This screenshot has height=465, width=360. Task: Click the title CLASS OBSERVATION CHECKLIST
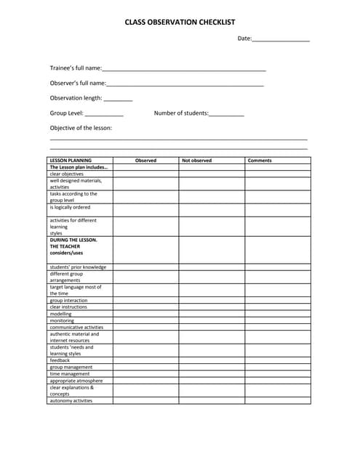(x=180, y=23)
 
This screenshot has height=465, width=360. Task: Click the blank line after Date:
(x=281, y=39)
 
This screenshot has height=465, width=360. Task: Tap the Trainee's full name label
(x=76, y=68)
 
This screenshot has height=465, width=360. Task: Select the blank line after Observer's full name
(x=185, y=84)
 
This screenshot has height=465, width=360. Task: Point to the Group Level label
(x=66, y=113)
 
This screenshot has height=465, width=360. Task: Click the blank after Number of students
(x=226, y=114)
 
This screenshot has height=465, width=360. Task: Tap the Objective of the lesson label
(x=81, y=128)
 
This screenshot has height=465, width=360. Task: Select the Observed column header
(x=145, y=160)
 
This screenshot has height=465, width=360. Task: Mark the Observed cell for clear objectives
(x=145, y=174)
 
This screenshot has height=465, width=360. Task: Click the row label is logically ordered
(x=70, y=207)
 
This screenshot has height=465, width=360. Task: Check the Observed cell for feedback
(x=145, y=360)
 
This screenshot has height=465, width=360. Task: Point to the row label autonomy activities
(x=71, y=400)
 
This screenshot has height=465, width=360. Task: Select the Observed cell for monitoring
(x=145, y=320)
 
